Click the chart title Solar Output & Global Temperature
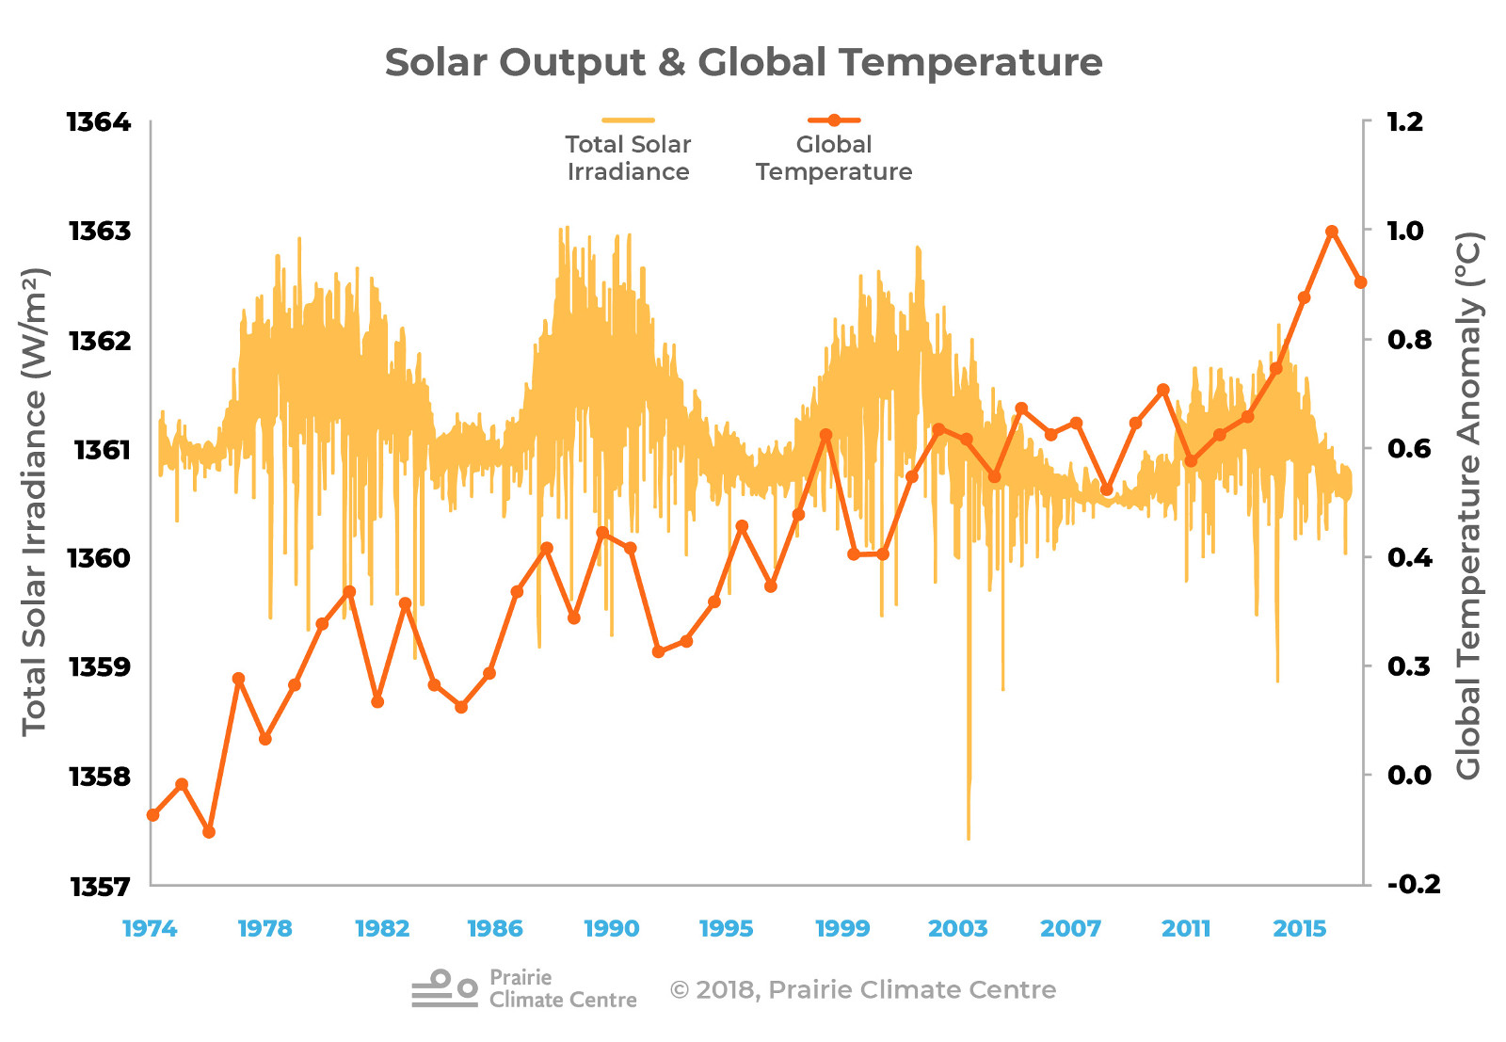click(744, 63)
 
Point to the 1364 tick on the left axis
click(99, 122)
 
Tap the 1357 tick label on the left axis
click(99, 887)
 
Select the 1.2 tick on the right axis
click(1405, 122)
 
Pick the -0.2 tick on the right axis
click(1413, 885)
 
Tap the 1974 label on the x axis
click(150, 929)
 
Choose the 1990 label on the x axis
click(611, 929)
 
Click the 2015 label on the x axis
click(1300, 929)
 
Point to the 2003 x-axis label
click(957, 929)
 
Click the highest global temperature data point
click(1332, 232)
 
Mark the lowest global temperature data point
click(209, 832)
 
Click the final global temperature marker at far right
click(1360, 282)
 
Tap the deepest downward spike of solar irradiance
click(969, 836)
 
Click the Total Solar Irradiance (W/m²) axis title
click(34, 502)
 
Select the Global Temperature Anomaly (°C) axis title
click(1469, 505)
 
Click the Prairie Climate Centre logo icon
click(444, 989)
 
